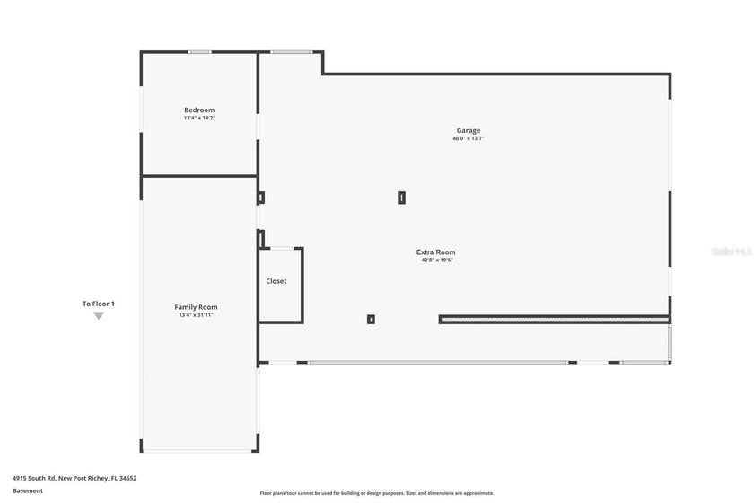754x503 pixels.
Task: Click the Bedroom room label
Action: (x=199, y=110)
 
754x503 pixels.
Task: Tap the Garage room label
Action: (x=467, y=130)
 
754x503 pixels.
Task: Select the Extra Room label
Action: (x=435, y=252)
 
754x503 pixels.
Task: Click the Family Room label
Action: (x=196, y=307)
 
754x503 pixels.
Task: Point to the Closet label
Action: (x=276, y=281)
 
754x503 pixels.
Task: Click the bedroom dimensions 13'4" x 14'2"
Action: (x=199, y=118)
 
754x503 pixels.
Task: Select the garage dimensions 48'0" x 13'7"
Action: (x=468, y=138)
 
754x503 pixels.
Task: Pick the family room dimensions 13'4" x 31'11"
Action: (x=196, y=315)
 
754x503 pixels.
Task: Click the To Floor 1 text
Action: (x=98, y=304)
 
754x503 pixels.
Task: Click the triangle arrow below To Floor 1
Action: (x=99, y=315)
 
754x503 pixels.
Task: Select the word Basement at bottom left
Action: (x=27, y=491)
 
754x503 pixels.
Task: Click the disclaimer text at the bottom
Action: (x=376, y=493)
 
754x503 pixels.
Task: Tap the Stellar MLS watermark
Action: (x=731, y=252)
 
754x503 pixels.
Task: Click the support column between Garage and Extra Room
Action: (x=401, y=198)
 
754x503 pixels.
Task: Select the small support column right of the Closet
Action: (x=371, y=319)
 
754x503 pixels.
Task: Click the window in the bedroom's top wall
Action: (x=199, y=52)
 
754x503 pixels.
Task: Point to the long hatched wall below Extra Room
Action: (x=554, y=319)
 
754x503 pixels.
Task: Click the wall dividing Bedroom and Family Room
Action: (x=199, y=176)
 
